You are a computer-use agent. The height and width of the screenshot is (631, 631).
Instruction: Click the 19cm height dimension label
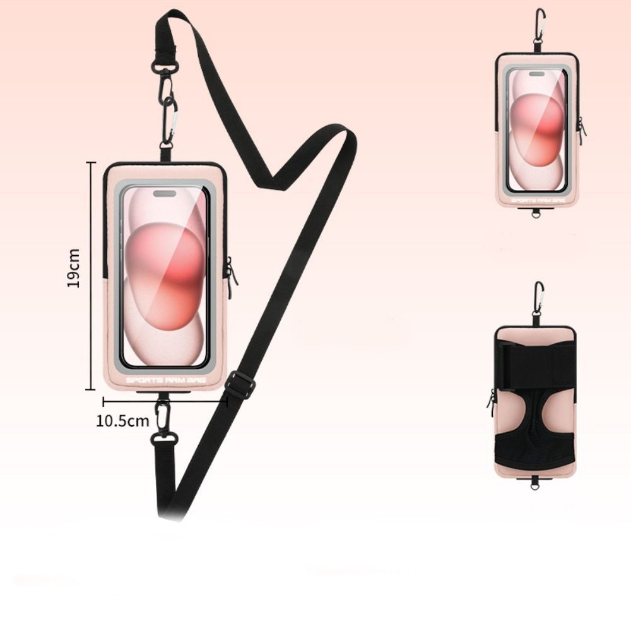(73, 268)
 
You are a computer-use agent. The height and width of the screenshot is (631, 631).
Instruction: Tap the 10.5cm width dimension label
(122, 421)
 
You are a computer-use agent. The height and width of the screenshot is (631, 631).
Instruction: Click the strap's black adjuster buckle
(239, 385)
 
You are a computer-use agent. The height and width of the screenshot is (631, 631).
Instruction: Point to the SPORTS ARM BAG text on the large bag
(166, 380)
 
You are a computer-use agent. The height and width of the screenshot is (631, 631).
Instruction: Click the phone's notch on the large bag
(165, 194)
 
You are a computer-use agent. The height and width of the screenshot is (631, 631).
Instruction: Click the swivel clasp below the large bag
(163, 422)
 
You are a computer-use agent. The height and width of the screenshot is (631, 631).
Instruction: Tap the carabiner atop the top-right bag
(540, 25)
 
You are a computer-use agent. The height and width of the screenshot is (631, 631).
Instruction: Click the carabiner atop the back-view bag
(539, 297)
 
